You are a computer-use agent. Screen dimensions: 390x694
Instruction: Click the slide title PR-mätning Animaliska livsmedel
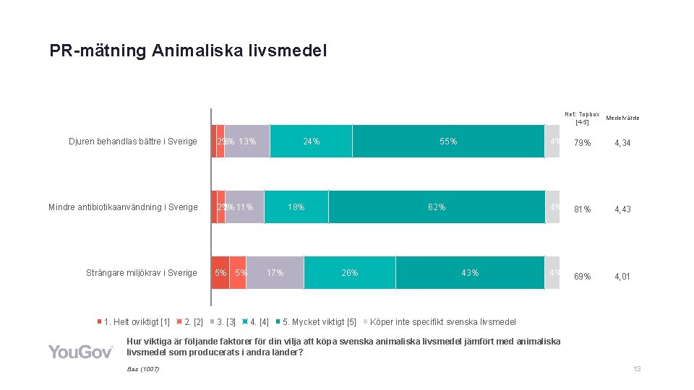coord(188,51)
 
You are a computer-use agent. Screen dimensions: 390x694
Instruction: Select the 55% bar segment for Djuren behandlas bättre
coord(448,142)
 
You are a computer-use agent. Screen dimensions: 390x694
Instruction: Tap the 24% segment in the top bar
coord(311,142)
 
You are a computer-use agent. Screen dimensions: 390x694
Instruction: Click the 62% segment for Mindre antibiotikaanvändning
coord(437,207)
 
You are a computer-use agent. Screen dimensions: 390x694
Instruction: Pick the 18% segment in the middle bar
coord(296,207)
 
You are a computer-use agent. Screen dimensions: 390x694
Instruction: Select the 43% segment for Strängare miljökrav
coord(470,272)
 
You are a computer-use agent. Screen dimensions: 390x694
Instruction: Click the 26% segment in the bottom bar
coord(350,272)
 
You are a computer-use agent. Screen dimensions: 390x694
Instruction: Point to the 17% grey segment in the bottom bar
coord(275,272)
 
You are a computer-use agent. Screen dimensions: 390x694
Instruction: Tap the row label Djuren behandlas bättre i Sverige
coord(132,142)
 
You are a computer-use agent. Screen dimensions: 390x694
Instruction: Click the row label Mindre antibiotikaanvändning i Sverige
coord(123,207)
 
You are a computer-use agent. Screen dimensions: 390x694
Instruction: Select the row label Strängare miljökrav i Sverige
coord(141,273)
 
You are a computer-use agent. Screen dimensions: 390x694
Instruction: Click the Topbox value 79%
coord(582,143)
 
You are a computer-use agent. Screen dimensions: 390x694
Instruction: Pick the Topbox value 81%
coord(582,209)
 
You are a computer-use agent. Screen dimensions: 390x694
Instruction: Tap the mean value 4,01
coord(622,277)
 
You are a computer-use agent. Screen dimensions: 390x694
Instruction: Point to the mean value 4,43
coord(622,209)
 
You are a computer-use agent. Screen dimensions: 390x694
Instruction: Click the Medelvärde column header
coord(622,118)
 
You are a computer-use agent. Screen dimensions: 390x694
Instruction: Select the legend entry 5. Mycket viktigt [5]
coord(319,321)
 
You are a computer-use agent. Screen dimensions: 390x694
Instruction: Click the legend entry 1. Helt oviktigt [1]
coord(137,321)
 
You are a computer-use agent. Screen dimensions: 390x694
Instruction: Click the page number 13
coord(637,369)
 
